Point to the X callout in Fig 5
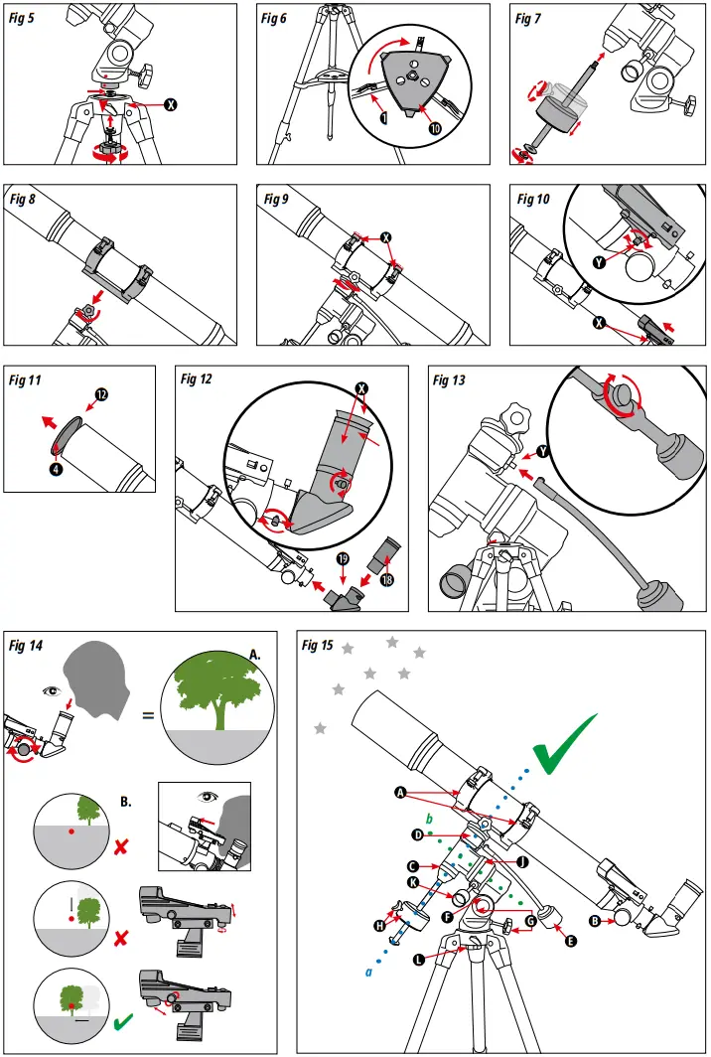(x=171, y=103)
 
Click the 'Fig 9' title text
(x=276, y=200)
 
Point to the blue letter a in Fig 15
(x=367, y=973)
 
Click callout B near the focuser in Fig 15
(x=595, y=920)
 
